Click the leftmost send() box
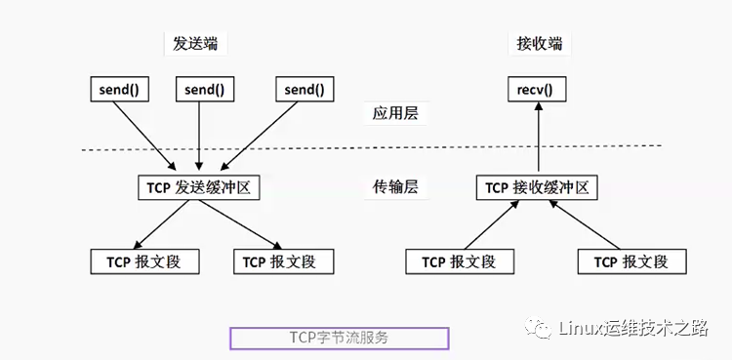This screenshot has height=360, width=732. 119,89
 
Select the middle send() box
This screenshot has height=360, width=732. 205,89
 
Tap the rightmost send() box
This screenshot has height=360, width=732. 305,89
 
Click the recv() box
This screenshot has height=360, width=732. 537,89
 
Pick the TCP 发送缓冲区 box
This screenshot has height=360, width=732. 199,187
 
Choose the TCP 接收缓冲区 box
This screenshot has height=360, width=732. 537,187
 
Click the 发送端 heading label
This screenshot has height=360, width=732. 195,44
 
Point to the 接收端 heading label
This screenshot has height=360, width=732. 539,44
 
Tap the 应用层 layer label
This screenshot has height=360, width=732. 395,113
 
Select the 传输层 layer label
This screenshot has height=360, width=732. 395,187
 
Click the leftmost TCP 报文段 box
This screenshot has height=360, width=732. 144,261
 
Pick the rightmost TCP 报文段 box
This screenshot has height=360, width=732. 632,261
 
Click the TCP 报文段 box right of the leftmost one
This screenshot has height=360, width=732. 284,261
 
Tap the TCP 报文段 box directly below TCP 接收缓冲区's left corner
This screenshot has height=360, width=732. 460,261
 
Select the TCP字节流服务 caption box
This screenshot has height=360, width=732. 340,339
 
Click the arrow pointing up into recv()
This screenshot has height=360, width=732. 538,137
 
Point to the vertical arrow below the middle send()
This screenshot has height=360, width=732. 199,136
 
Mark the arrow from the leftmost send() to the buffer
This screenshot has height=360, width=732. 144,136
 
